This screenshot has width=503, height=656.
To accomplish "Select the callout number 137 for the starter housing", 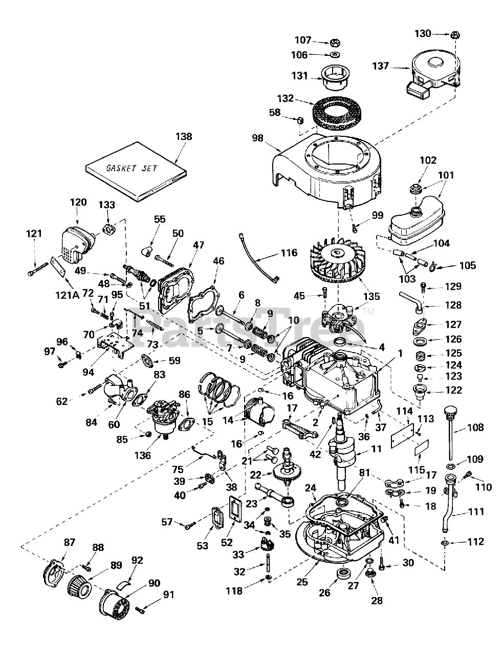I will coord(381,66).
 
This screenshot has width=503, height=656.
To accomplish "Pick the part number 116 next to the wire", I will coord(289,253).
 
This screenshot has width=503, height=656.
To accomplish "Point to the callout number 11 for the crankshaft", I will coord(377,449).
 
